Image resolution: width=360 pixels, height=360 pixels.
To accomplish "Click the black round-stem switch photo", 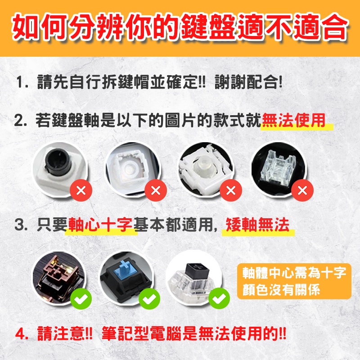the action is [x=59, y=169].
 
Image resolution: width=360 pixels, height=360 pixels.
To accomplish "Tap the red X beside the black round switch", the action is [x=81, y=190].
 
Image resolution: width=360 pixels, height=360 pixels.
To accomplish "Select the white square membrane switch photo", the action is [x=132, y=169].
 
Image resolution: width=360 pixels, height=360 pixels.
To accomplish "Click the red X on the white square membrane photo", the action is [x=156, y=190].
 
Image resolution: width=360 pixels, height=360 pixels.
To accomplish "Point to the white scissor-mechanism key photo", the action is [x=206, y=169].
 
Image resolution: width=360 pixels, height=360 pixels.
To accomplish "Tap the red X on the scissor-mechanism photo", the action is [x=231, y=190].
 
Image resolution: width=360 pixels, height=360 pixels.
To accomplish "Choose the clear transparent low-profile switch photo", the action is [x=279, y=169].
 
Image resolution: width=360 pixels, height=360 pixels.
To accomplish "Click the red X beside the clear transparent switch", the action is [x=302, y=190].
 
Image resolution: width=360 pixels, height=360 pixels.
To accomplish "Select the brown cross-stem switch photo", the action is [x=58, y=277].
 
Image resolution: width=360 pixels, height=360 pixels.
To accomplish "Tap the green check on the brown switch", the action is [x=81, y=299].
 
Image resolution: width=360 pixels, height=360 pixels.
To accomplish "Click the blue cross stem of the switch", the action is [x=125, y=267].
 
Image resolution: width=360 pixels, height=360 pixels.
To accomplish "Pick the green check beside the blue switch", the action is [x=149, y=299].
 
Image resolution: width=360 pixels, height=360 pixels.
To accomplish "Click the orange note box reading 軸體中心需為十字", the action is [x=294, y=281].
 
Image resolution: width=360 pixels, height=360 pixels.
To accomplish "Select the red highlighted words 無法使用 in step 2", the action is [x=293, y=120].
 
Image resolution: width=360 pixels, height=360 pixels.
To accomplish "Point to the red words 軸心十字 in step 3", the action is [x=100, y=224].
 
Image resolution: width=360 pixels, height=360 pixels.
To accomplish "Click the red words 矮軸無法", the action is [x=257, y=224].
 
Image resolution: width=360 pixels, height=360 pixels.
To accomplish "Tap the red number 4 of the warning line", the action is [x=21, y=334].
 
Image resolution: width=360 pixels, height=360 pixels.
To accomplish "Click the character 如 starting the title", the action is [x=26, y=27].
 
